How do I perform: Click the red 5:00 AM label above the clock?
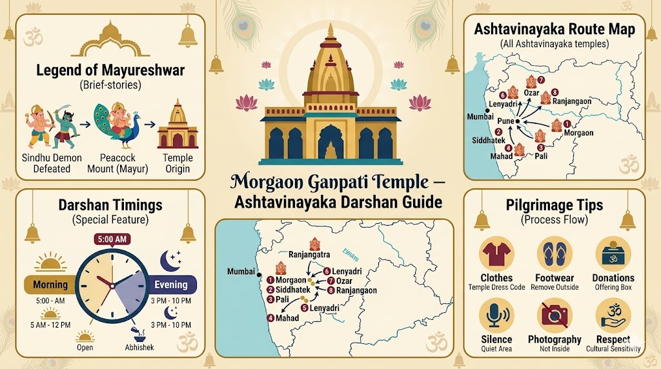(112, 239)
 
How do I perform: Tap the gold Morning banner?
(50, 284)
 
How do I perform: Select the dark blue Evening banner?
(170, 284)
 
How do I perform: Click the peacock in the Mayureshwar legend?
(116, 126)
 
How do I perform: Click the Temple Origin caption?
(178, 163)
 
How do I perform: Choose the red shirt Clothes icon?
(496, 254)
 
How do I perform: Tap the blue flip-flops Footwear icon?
(555, 254)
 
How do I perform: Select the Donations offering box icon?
(613, 254)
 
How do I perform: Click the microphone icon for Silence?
(496, 314)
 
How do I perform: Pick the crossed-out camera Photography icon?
(555, 314)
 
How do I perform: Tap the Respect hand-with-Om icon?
(613, 314)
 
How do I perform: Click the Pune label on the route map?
(505, 121)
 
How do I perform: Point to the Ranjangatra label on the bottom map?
(309, 254)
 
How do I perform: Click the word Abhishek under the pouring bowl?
(139, 348)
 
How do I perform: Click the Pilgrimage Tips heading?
(554, 206)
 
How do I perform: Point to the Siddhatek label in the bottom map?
(294, 290)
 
